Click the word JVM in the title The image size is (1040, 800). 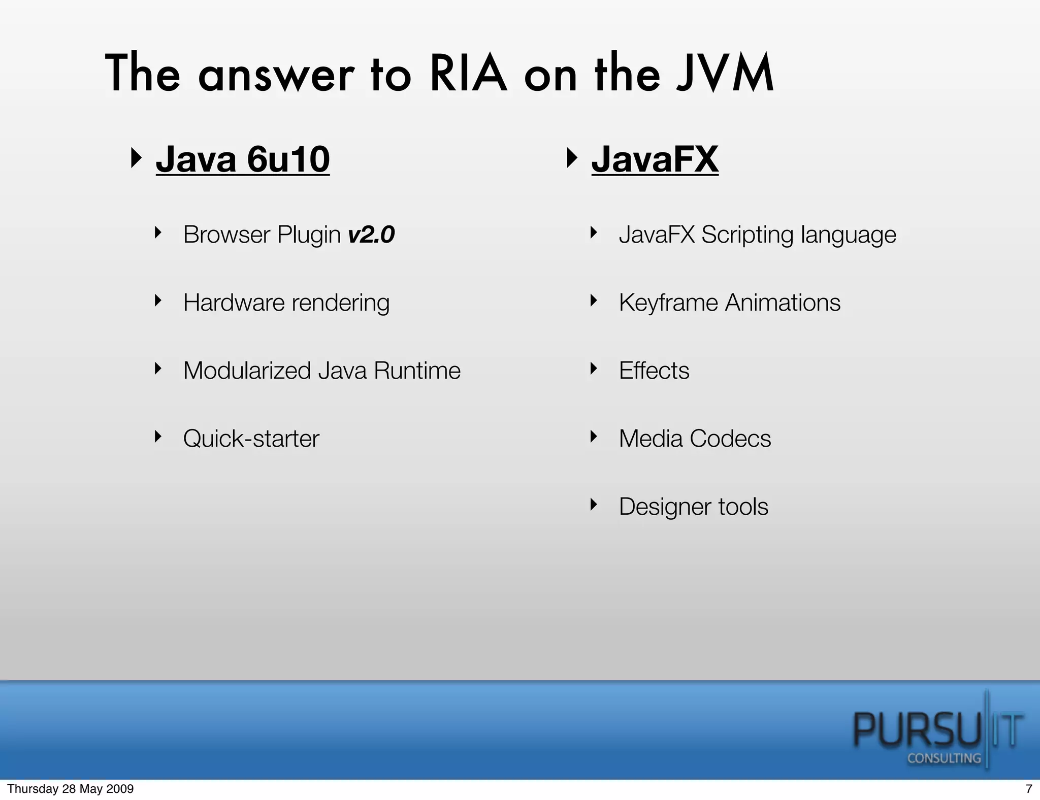coord(725,74)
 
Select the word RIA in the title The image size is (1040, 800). coord(468,74)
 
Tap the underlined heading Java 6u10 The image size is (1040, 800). coord(243,159)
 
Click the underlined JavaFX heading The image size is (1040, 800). coord(655,159)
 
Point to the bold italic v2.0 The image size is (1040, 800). coord(371,235)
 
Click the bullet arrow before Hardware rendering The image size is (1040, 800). coord(158,301)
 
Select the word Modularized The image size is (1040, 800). coord(247,371)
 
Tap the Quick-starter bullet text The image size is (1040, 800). coord(251,439)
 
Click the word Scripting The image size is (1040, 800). coord(747,235)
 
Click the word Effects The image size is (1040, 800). coord(654,371)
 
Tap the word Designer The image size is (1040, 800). coord(665,507)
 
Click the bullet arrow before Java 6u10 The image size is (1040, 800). coord(136,158)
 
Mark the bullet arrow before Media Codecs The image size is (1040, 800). coord(593,437)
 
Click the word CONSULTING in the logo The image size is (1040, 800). coord(944,758)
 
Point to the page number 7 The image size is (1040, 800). coord(1029,789)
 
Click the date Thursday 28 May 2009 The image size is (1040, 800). coord(71,789)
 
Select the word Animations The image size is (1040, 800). coord(783,303)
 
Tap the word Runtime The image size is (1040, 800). coord(417,371)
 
